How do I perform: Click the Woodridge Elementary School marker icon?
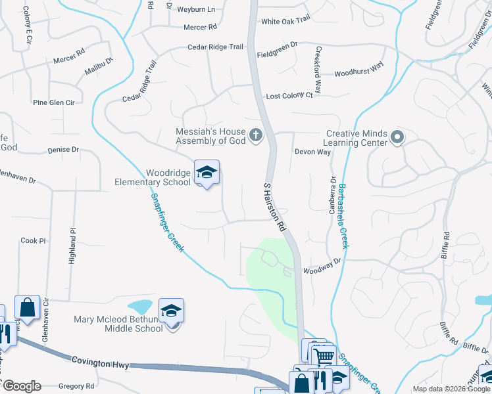pyautogui.click(x=207, y=173)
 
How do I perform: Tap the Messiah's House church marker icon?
pyautogui.click(x=256, y=136)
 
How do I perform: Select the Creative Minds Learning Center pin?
pyautogui.click(x=397, y=137)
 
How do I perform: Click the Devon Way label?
pyautogui.click(x=312, y=152)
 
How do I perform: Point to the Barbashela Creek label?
pyautogui.click(x=343, y=215)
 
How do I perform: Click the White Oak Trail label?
pyautogui.click(x=285, y=21)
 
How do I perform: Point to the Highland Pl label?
pyautogui.click(x=72, y=246)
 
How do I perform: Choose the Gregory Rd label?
pyautogui.click(x=77, y=386)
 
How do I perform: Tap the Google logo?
pyautogui.click(x=21, y=386)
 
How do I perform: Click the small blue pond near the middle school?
pyautogui.click(x=139, y=307)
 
